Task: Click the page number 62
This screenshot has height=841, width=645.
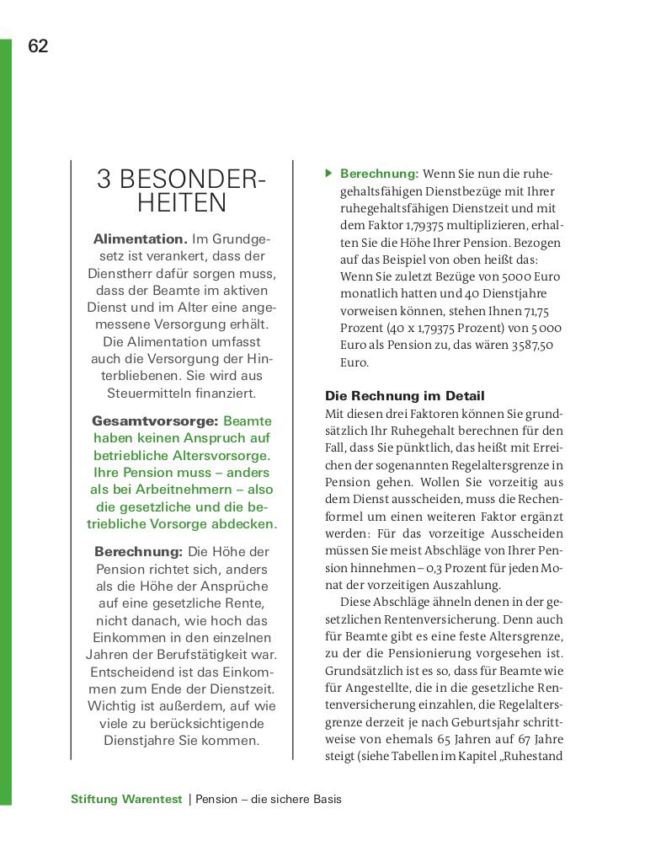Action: tap(39, 46)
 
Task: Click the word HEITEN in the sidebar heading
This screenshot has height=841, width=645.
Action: tap(182, 203)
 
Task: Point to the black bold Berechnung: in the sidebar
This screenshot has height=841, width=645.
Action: tap(138, 551)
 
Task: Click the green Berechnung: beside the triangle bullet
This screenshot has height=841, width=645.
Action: tap(379, 174)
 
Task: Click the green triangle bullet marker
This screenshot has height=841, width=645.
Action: tap(329, 174)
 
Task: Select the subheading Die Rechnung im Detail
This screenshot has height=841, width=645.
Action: tap(404, 395)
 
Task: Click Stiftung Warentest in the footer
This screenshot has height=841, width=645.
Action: tap(126, 799)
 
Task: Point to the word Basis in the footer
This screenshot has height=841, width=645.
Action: tap(325, 799)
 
